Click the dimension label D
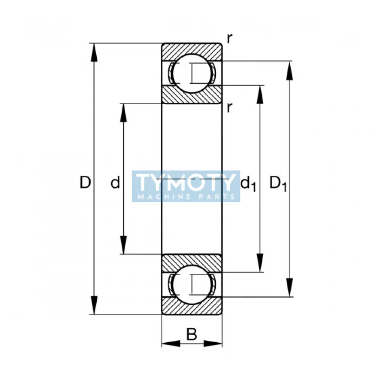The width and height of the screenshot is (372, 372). tap(85, 182)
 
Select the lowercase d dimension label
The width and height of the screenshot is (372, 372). tap(115, 182)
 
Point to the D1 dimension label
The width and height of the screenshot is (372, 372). tap(278, 184)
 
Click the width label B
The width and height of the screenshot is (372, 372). tap(192, 334)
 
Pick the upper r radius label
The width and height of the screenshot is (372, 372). tap(229, 39)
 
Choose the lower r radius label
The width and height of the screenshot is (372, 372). tap(229, 108)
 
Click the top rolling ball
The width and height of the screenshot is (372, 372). tap(192, 73)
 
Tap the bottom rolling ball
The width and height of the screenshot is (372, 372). tap(192, 284)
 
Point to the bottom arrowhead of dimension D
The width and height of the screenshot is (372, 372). tap(94, 306)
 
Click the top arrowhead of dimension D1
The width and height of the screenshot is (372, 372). tap(289, 71)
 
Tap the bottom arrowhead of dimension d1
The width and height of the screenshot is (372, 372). tap(260, 263)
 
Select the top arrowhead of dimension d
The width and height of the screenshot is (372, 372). tap(123, 113)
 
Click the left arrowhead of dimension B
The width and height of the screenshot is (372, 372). tap(171, 343)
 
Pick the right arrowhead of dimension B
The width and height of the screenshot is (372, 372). tap(213, 343)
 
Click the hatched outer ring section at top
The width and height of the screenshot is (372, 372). tap(192, 51)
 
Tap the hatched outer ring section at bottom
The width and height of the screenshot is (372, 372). tap(192, 306)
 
